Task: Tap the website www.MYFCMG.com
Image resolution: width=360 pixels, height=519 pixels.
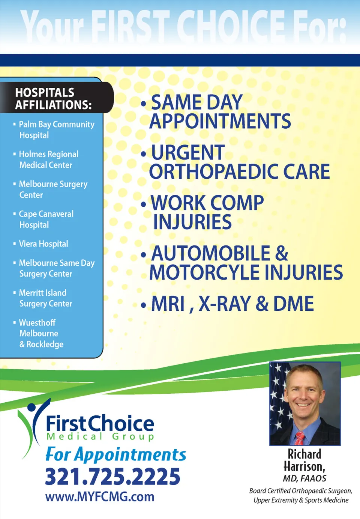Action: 100,497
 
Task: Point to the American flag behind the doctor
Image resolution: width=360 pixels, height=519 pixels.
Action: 279,403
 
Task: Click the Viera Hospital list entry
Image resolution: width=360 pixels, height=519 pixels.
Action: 43,244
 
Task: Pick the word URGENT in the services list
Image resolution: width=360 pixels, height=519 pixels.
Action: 188,152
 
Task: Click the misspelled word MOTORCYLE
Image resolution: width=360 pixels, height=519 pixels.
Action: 204,272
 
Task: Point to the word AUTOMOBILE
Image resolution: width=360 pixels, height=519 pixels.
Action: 211,253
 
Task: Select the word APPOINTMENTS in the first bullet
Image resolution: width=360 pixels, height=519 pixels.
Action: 220,121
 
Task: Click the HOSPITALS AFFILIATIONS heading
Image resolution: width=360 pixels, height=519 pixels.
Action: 53,98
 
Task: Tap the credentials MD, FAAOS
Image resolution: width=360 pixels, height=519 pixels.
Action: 304,478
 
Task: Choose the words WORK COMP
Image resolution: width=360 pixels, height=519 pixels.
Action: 207,203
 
